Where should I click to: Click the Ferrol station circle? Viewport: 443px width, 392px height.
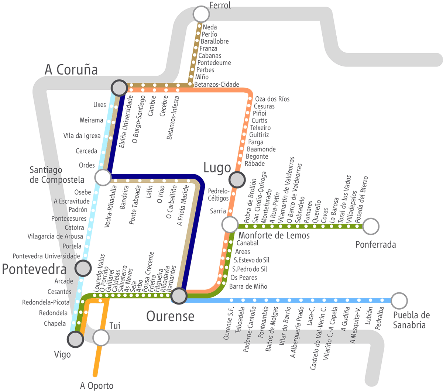(201, 14)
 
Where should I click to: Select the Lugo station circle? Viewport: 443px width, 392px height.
(237, 180)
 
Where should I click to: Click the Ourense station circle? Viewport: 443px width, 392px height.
(179, 296)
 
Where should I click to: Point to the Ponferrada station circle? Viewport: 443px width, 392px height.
(371, 226)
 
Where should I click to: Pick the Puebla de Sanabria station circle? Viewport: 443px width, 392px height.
(399, 301)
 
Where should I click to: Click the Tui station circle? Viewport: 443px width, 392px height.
(101, 337)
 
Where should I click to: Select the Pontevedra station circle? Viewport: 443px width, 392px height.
(83, 268)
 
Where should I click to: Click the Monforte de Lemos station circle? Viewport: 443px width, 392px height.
(230, 224)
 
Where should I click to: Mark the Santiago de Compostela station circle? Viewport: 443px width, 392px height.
(103, 177)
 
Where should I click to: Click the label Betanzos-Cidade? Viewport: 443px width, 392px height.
(217, 85)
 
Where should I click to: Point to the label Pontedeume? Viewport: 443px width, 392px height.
(214, 63)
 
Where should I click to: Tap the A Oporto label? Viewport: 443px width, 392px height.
(97, 386)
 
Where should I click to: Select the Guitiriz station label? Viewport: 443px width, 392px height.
(259, 135)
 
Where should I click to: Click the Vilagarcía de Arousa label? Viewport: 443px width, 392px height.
(55, 237)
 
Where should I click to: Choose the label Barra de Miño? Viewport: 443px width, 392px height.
(248, 286)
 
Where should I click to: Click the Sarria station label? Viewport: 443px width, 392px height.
(218, 211)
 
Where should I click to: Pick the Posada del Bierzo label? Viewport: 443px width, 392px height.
(362, 199)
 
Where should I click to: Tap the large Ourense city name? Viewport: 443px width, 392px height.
(170, 316)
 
